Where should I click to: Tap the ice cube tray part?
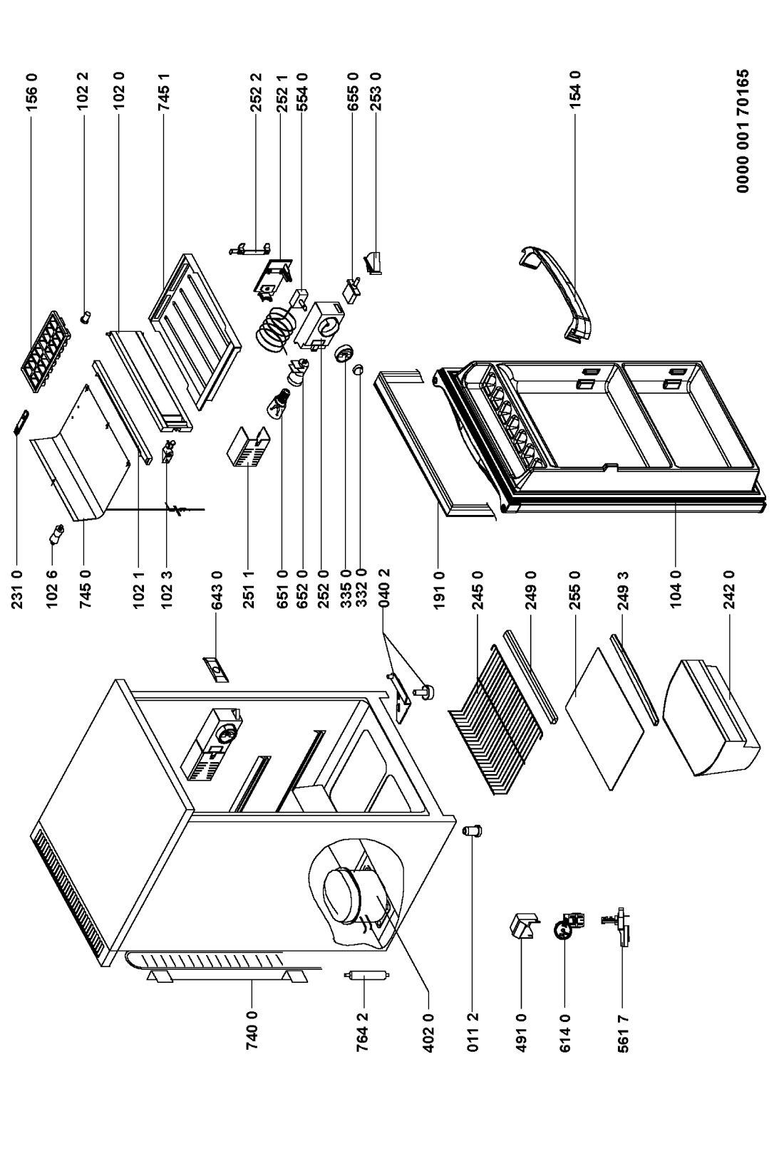[x=45, y=351]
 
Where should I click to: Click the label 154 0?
[x=575, y=89]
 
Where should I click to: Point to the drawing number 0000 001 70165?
[x=743, y=132]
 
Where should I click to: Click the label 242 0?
[x=729, y=588]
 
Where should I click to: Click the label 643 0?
[x=216, y=588]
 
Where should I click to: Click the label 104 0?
[x=676, y=588]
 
